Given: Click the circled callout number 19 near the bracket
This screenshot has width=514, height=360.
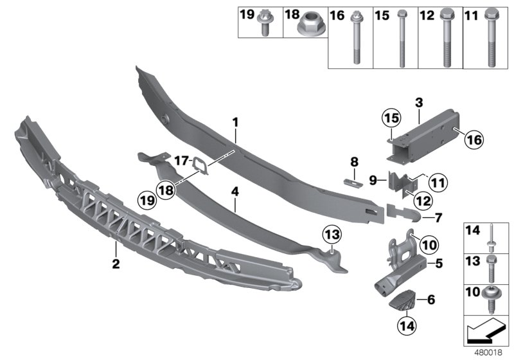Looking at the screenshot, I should (147, 201).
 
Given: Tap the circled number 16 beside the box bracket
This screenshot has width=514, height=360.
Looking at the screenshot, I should (472, 138).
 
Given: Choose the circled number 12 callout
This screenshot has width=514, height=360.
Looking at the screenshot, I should (421, 201).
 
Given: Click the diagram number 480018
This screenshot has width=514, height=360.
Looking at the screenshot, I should (493, 353).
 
